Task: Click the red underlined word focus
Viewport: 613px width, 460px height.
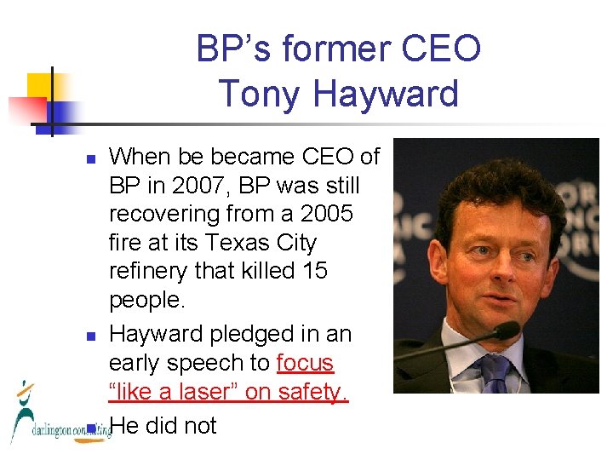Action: [x=305, y=363]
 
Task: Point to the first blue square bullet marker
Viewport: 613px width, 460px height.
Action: [x=91, y=158]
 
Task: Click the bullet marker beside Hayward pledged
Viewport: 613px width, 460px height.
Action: [x=91, y=336]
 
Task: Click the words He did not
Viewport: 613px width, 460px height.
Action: [x=163, y=425]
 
